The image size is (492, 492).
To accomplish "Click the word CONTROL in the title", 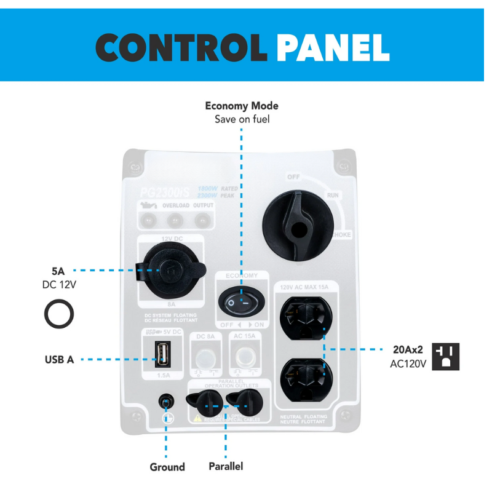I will (181, 46).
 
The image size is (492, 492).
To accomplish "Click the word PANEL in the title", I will (333, 46).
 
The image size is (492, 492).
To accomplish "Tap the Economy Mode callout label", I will (242, 106).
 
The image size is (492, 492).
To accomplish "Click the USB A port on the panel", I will (163, 354).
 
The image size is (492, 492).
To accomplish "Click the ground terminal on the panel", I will (165, 402).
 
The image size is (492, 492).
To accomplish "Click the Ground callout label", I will (167, 467).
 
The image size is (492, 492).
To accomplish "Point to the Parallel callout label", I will (226, 466).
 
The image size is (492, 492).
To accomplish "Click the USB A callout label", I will (59, 360).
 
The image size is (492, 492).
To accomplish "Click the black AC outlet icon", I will (446, 356).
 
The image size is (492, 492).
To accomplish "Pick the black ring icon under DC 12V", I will (59, 314).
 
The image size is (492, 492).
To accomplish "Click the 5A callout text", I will (58, 270).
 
